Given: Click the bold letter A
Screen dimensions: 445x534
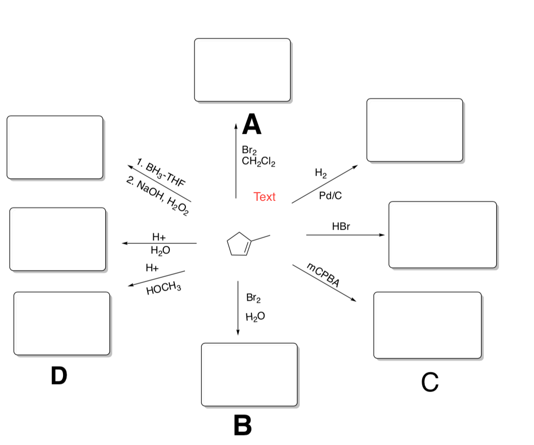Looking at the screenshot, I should click(x=252, y=124).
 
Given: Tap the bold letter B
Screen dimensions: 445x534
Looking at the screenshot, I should click(x=243, y=425).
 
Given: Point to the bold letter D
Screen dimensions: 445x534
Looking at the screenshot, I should click(x=59, y=376).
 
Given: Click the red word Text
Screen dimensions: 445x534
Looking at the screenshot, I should click(x=264, y=197).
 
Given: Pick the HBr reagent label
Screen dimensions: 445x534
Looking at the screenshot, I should click(x=341, y=227).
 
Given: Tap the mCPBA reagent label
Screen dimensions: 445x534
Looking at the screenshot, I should click(x=323, y=275).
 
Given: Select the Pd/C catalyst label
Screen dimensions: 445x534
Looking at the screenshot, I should click(x=330, y=196).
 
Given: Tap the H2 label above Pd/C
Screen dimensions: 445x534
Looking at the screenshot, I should click(x=320, y=174).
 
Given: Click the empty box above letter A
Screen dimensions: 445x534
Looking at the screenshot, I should click(x=242, y=70).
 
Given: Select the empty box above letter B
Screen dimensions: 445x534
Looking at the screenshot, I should click(x=249, y=374).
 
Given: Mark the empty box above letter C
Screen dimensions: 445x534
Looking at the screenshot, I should click(x=427, y=325).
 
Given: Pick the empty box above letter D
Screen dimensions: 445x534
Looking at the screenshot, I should click(x=61, y=323).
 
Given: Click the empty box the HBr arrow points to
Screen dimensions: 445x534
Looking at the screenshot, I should click(x=442, y=234).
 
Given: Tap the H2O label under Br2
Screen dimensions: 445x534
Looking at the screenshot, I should click(x=255, y=317).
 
